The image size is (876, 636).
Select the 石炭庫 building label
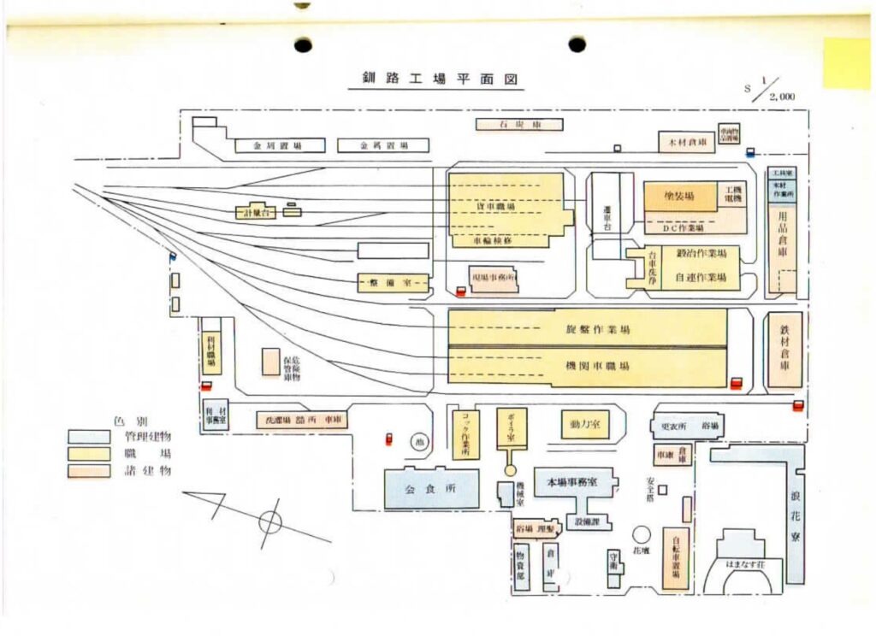[519, 125]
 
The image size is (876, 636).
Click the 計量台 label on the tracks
[256, 212]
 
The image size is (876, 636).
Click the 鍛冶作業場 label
[701, 254]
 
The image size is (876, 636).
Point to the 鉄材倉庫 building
[784, 350]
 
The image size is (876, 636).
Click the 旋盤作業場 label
[598, 329]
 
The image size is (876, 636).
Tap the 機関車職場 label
[598, 366]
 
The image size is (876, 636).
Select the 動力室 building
[584, 424]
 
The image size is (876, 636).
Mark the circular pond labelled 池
[418, 442]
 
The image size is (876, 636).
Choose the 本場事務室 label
[578, 483]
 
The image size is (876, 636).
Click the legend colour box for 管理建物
[89, 437]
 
